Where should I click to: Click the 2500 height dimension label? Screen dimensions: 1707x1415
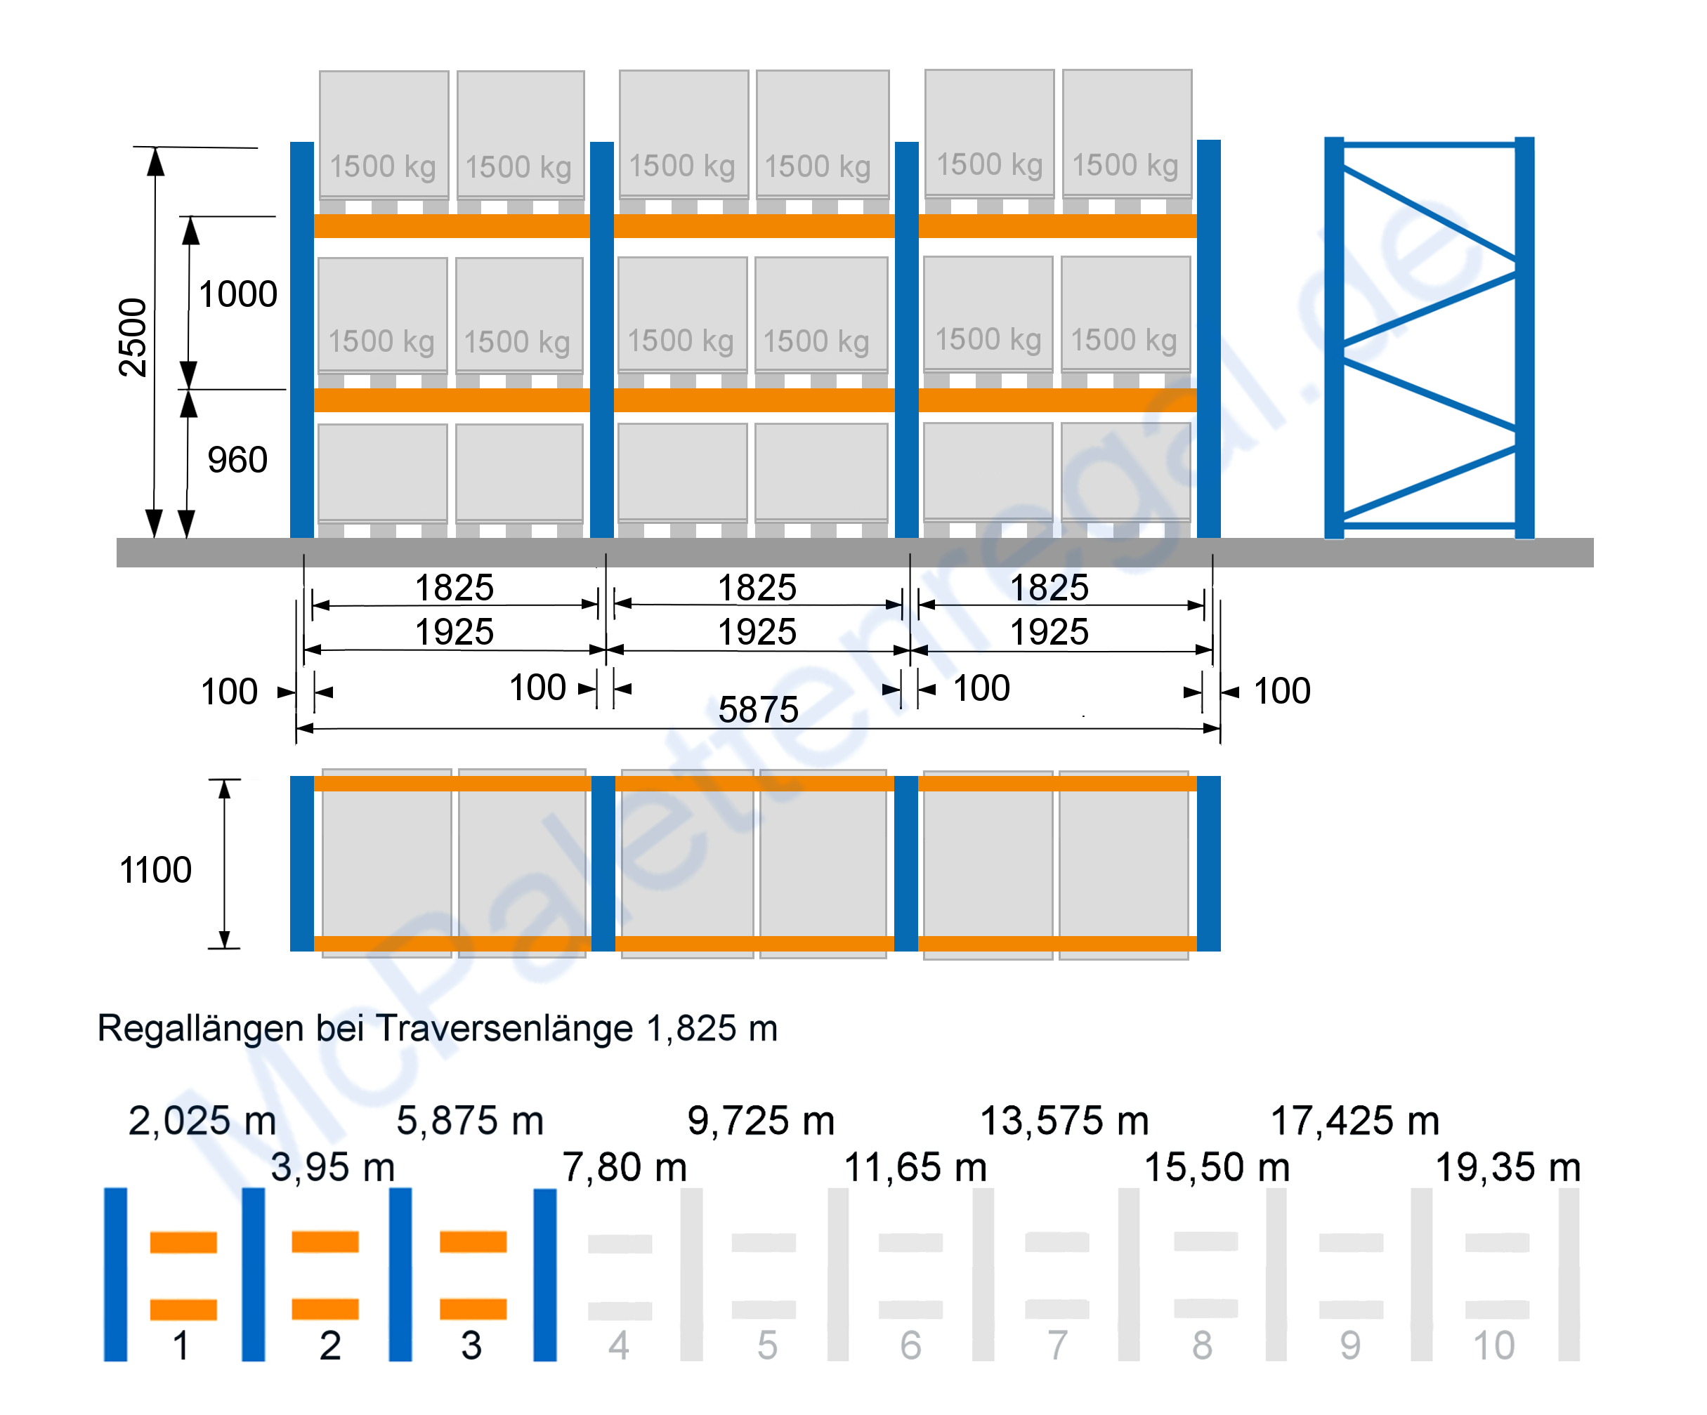(133, 337)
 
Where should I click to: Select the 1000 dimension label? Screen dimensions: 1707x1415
(238, 294)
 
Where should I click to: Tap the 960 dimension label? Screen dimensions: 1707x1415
(237, 460)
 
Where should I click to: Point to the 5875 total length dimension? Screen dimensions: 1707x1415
(759, 709)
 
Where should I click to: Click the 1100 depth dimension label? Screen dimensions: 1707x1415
(155, 869)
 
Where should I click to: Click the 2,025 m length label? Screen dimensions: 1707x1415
(202, 1121)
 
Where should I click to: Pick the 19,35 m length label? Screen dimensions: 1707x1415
(1507, 1168)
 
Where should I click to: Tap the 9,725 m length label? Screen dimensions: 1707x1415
(761, 1121)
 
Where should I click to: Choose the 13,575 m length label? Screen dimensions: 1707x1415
(1064, 1121)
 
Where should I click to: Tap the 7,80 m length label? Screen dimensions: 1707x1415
(625, 1168)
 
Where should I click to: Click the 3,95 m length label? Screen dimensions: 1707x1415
(332, 1168)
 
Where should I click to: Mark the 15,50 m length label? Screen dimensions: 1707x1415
(1217, 1168)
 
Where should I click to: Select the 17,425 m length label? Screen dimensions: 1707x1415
(1355, 1121)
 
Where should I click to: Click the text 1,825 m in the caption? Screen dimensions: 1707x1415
(712, 1029)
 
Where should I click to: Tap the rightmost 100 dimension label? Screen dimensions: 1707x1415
(1282, 692)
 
